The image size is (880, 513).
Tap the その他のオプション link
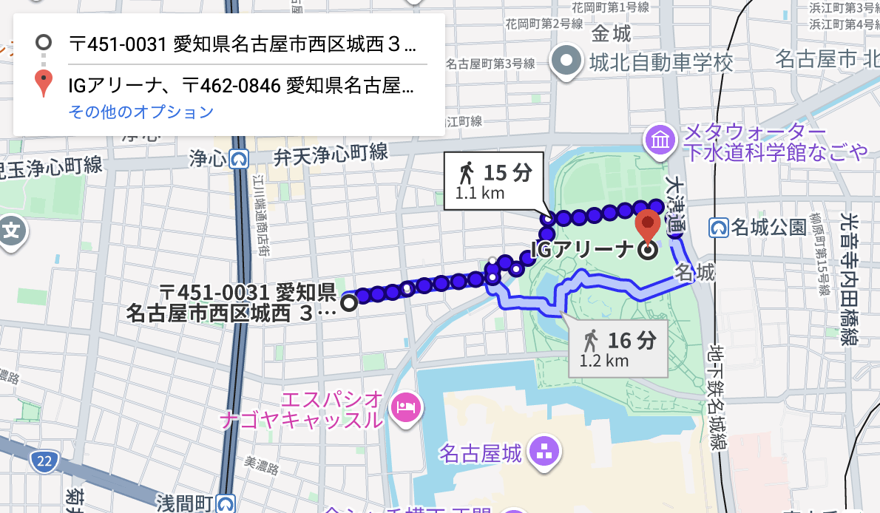[141, 112]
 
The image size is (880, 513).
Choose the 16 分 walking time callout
[618, 349]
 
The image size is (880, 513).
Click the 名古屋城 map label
[480, 452]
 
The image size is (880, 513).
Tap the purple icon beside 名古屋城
[548, 451]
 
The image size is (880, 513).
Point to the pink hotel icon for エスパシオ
[406, 405]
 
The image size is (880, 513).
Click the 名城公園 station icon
[718, 227]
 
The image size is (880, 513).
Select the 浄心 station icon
[238, 158]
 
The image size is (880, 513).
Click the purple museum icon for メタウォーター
[658, 139]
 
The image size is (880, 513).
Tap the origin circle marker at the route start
[348, 301]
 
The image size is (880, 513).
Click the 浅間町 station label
[185, 503]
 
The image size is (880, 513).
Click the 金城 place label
[611, 34]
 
